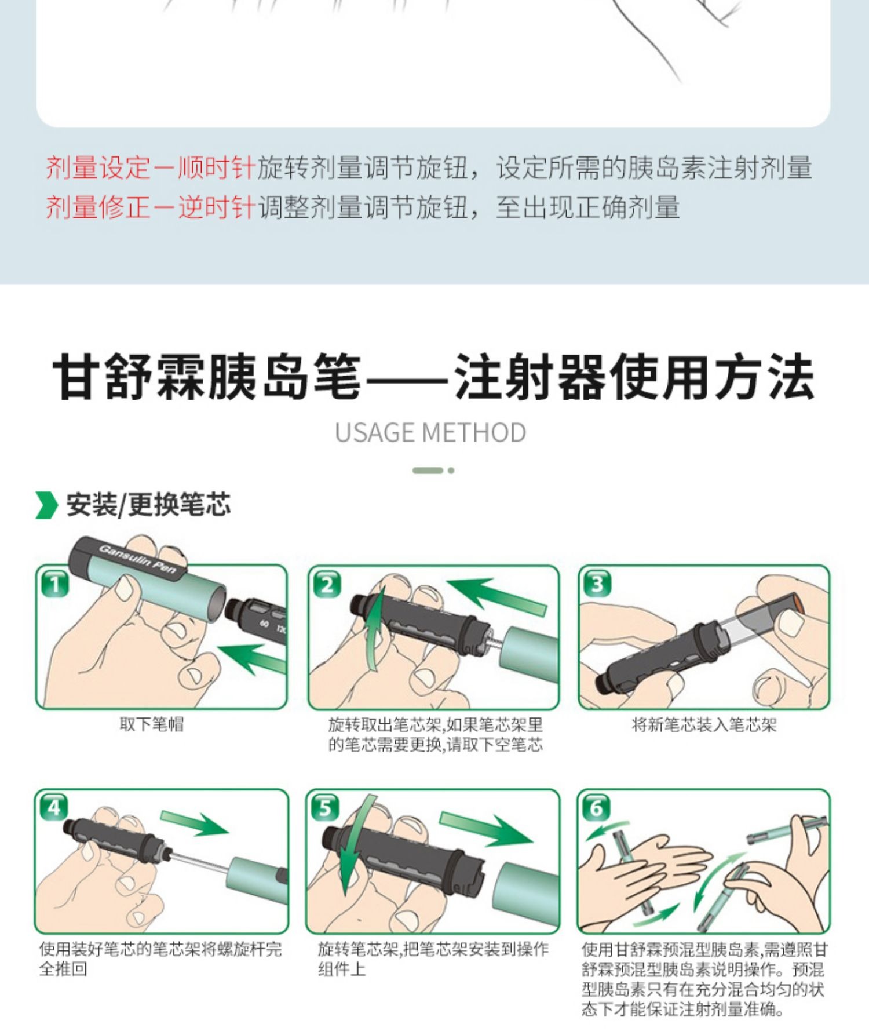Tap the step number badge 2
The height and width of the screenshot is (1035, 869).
327,584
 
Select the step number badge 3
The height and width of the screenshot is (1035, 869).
597,584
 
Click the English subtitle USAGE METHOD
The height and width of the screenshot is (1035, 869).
430,432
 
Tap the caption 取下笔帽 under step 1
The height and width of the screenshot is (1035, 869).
151,724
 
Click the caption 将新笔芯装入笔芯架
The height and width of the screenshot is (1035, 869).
704,724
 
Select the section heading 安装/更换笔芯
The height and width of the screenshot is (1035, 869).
148,504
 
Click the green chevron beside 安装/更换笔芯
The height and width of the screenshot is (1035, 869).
46,505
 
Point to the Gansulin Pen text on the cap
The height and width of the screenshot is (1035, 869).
138,560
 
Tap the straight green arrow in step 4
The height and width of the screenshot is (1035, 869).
195,822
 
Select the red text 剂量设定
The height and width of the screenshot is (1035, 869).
97,168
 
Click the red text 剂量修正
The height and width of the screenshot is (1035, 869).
97,207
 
